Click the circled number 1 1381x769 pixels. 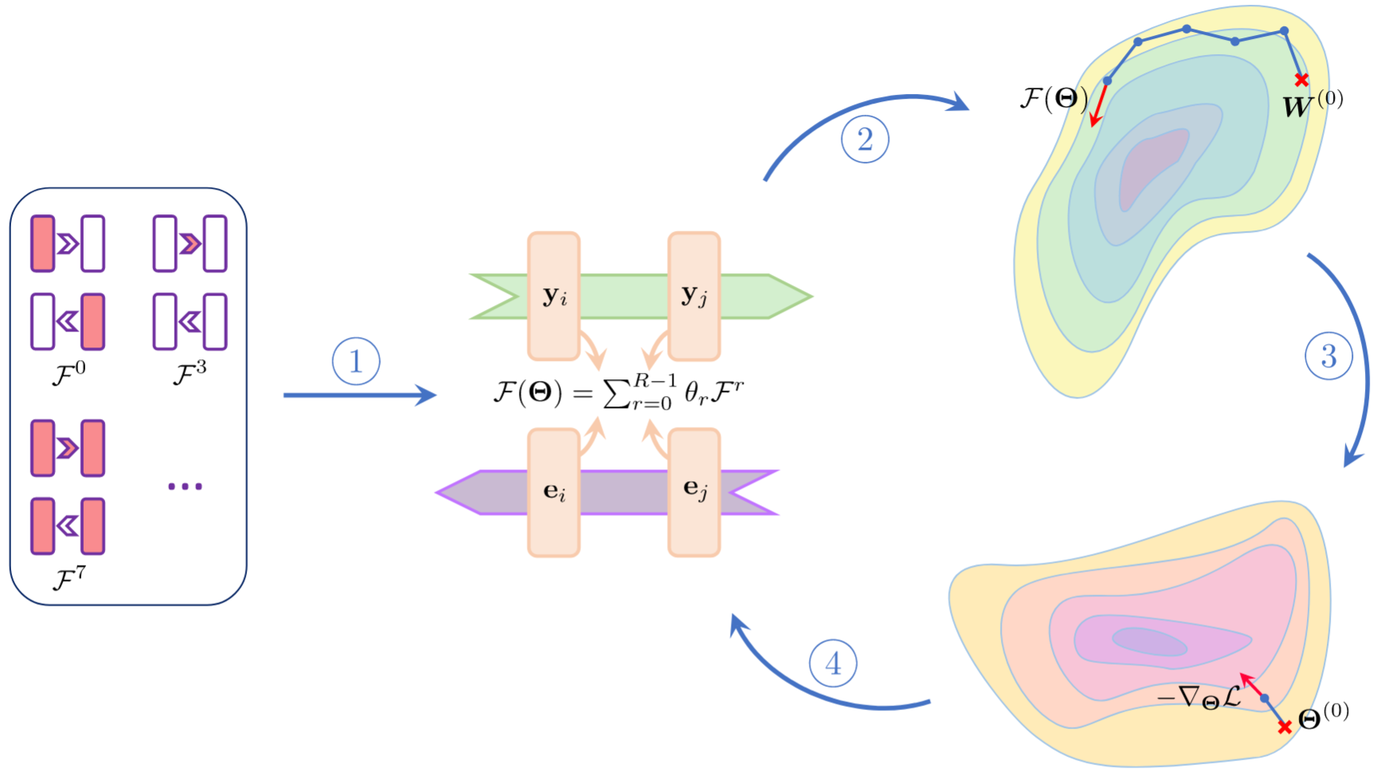pos(355,361)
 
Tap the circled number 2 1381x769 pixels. pos(865,139)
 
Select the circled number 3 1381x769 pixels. pos(1328,355)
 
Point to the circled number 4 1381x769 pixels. pos(833,663)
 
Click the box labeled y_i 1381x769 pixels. pos(554,296)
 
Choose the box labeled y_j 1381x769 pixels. pos(694,296)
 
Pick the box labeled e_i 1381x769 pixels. pos(554,492)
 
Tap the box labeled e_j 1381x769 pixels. pos(694,492)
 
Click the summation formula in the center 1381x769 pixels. pos(618,392)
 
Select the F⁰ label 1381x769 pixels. pos(69,373)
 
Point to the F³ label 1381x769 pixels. pos(190,373)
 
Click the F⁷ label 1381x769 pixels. pos(69,578)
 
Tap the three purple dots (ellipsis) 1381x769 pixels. pos(185,486)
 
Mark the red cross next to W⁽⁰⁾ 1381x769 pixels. pos(1301,80)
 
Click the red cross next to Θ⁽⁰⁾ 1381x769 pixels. pos(1284,727)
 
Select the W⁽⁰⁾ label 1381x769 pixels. pos(1312,104)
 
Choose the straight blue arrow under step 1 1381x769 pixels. pos(359,394)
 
